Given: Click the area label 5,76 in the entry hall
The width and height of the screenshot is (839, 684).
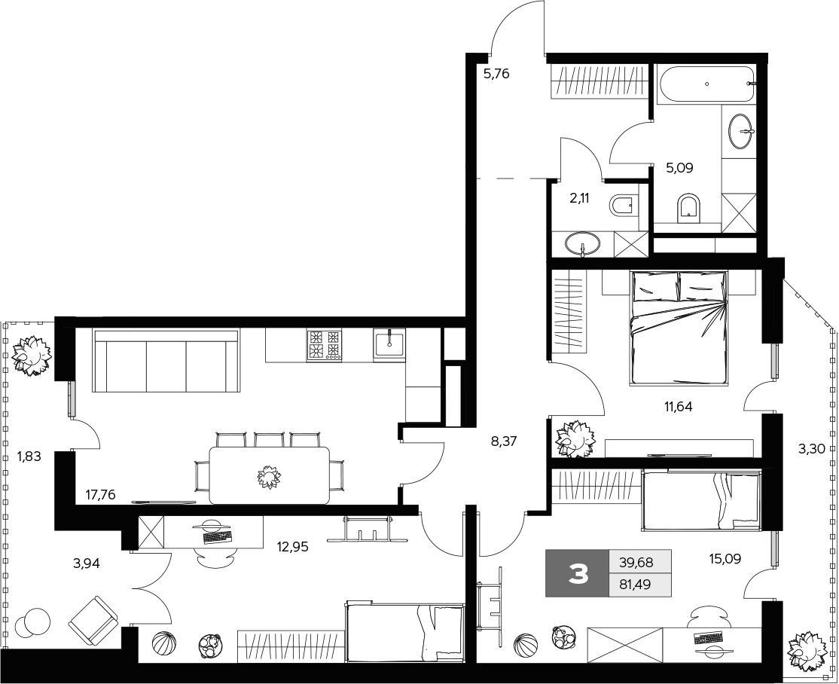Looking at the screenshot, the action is [x=496, y=73].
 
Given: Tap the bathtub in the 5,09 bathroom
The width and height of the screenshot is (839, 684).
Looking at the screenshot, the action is [x=707, y=84].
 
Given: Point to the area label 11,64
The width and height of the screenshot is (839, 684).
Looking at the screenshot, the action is [x=678, y=407].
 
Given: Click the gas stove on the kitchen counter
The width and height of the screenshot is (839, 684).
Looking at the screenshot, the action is [x=325, y=344].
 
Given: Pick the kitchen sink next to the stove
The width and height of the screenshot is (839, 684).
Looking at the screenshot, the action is [x=389, y=343].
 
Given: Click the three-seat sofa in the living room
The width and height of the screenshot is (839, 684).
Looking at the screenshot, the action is [x=166, y=361].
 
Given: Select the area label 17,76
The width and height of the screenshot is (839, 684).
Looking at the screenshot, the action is [x=100, y=495].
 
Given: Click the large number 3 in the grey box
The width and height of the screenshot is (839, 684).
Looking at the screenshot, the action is [x=578, y=574].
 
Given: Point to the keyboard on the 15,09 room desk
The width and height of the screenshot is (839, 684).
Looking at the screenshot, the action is [x=708, y=637].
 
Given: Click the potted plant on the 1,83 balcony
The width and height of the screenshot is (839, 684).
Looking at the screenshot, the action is [x=32, y=355].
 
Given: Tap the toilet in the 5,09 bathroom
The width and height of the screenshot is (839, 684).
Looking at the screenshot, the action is [x=688, y=209].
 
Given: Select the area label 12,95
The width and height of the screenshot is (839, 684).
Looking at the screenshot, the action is [x=293, y=547].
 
